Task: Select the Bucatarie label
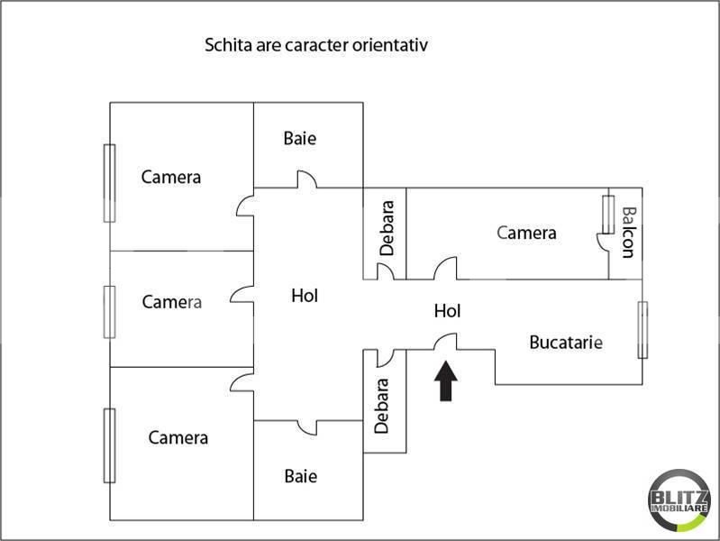coord(565,343)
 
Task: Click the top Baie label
coord(300,139)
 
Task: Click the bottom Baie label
coord(300,476)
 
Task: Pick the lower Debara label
coord(382,406)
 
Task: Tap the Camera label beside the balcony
coord(526,233)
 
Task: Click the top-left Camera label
coord(171,177)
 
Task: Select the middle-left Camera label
coord(171,302)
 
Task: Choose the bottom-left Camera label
coord(178,438)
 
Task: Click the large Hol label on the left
coord(305,295)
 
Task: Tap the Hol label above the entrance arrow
coord(447,311)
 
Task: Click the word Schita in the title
coord(227,44)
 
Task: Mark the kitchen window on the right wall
coord(643,330)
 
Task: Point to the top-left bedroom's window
coord(109,182)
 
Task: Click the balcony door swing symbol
coord(600,241)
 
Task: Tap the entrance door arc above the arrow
coord(447,341)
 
